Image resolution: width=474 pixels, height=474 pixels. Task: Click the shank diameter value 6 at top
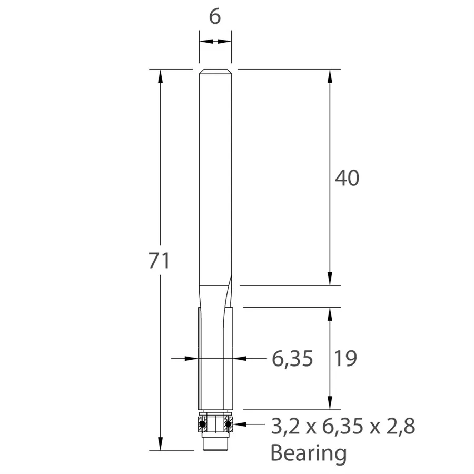tap(214, 17)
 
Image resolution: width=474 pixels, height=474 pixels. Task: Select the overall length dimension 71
tap(159, 261)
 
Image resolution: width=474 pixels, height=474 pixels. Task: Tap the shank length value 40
tap(347, 179)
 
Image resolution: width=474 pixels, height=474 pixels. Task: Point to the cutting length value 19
tap(345, 359)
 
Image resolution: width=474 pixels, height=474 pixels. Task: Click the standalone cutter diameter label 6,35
tap(292, 359)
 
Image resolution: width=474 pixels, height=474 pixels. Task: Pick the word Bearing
tap(309, 452)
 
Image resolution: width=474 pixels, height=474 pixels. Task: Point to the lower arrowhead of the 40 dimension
tap(330, 279)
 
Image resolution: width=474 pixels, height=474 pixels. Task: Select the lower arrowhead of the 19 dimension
tap(330, 403)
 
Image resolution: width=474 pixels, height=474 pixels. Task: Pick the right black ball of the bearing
tap(228, 423)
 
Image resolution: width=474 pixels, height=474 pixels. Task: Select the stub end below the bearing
tap(214, 443)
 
